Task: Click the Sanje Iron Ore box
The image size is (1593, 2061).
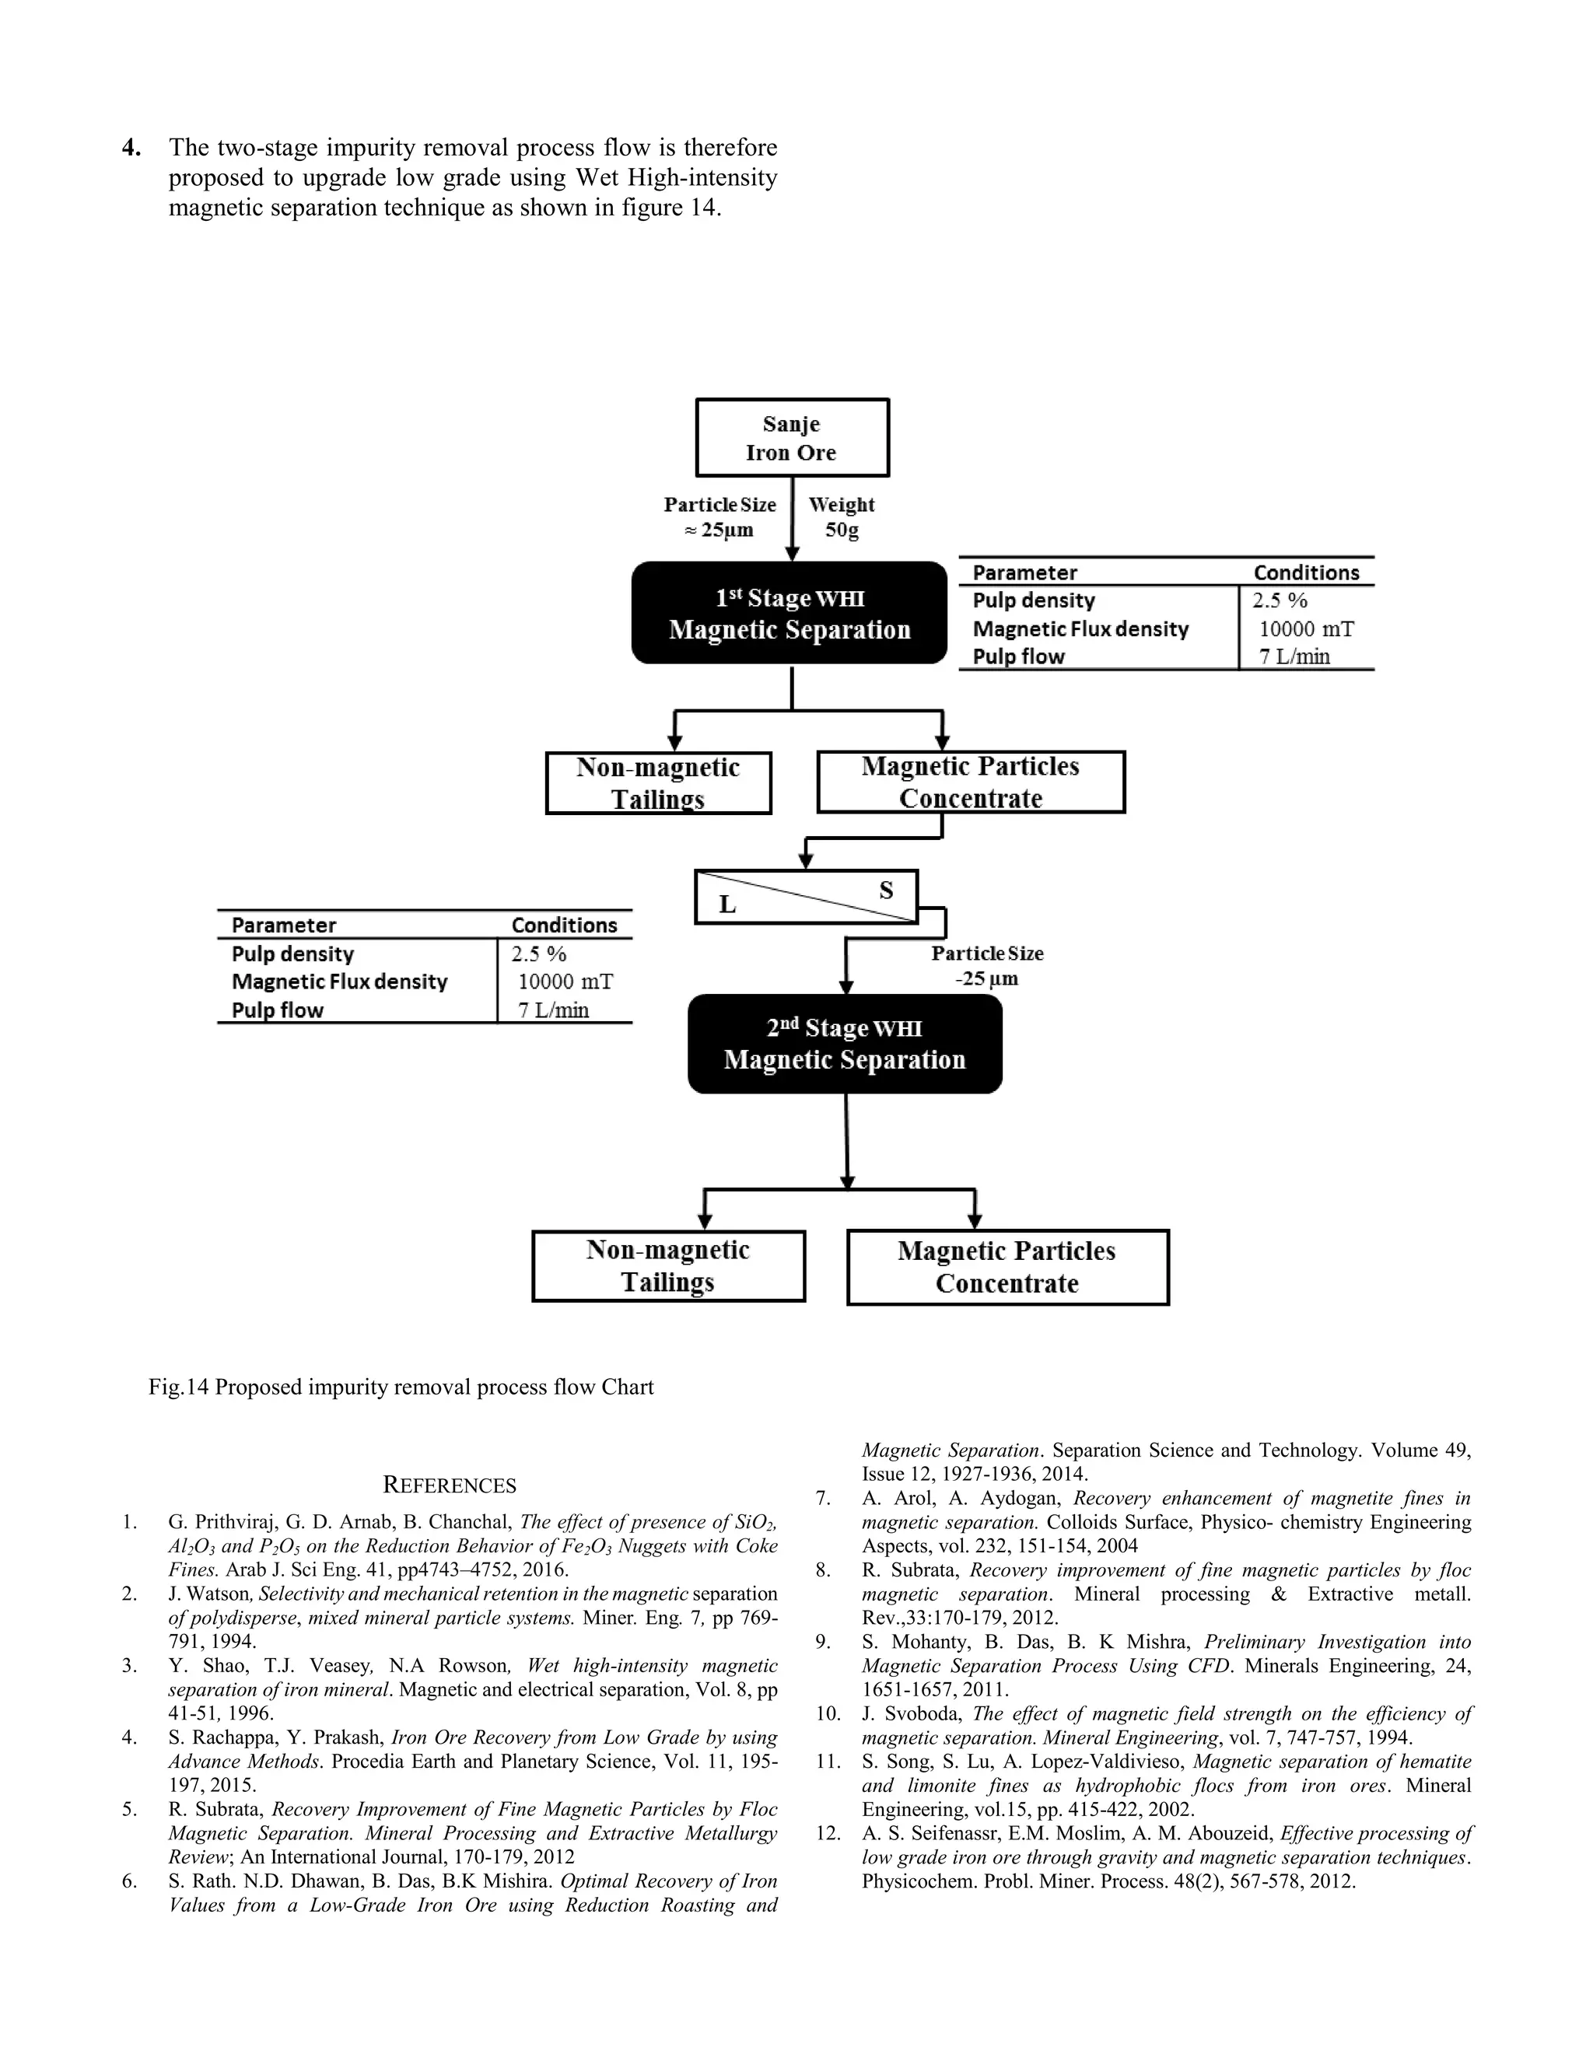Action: [792, 438]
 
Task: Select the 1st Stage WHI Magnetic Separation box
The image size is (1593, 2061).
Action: [789, 614]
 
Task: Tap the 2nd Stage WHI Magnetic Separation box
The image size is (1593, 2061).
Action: [845, 1044]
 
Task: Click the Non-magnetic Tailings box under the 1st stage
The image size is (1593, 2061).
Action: [658, 782]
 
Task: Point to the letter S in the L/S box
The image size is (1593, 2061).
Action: [885, 890]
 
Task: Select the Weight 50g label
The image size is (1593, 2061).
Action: [842, 517]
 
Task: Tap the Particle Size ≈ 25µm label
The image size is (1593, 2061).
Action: [719, 517]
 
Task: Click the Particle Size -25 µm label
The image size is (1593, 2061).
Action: [987, 965]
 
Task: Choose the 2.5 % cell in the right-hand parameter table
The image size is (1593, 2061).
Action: [1280, 601]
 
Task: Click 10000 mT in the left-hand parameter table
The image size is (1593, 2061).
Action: [565, 982]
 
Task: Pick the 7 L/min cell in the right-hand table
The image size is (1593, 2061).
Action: [1294, 657]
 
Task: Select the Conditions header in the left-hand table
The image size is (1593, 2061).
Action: [563, 925]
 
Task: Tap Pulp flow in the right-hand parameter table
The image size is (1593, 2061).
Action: [1018, 657]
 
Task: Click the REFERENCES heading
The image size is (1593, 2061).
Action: [450, 1485]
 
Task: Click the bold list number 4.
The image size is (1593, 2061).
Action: [131, 148]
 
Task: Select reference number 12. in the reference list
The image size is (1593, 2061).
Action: [828, 1834]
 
